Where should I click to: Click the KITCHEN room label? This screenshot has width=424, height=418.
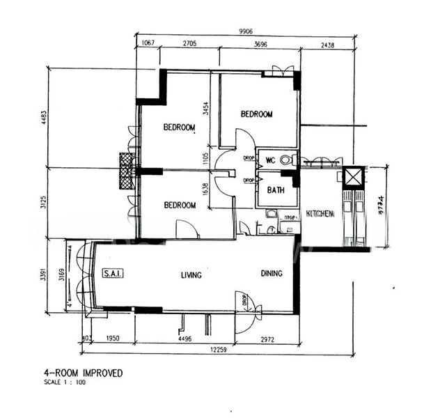click(x=321, y=214)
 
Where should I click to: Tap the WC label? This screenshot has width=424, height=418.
click(x=271, y=160)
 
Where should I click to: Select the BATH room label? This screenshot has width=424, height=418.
click(x=275, y=189)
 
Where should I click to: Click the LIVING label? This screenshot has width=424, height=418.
click(x=191, y=275)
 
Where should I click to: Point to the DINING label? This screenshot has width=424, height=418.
click(x=272, y=274)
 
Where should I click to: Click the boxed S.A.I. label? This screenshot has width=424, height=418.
click(x=113, y=274)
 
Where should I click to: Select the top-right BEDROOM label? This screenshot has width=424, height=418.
click(x=256, y=114)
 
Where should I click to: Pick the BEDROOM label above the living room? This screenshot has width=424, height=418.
click(x=180, y=206)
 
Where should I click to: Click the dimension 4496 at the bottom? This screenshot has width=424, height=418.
click(x=184, y=339)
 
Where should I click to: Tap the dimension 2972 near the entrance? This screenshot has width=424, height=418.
click(x=269, y=339)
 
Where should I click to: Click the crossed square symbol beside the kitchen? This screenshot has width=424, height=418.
click(x=354, y=177)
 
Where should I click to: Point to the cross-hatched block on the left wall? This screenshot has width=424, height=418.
click(x=126, y=171)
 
